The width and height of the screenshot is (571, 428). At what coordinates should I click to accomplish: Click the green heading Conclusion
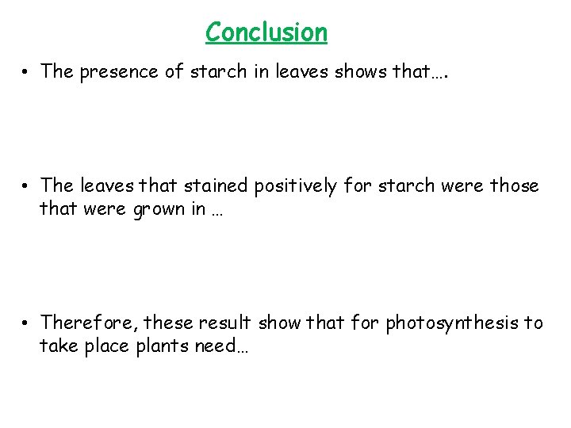[x=266, y=32]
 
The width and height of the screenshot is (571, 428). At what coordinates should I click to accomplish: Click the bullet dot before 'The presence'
[x=26, y=72]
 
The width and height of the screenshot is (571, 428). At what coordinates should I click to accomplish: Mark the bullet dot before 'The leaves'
[x=26, y=186]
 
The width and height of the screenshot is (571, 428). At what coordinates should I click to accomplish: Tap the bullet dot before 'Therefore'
[x=26, y=323]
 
